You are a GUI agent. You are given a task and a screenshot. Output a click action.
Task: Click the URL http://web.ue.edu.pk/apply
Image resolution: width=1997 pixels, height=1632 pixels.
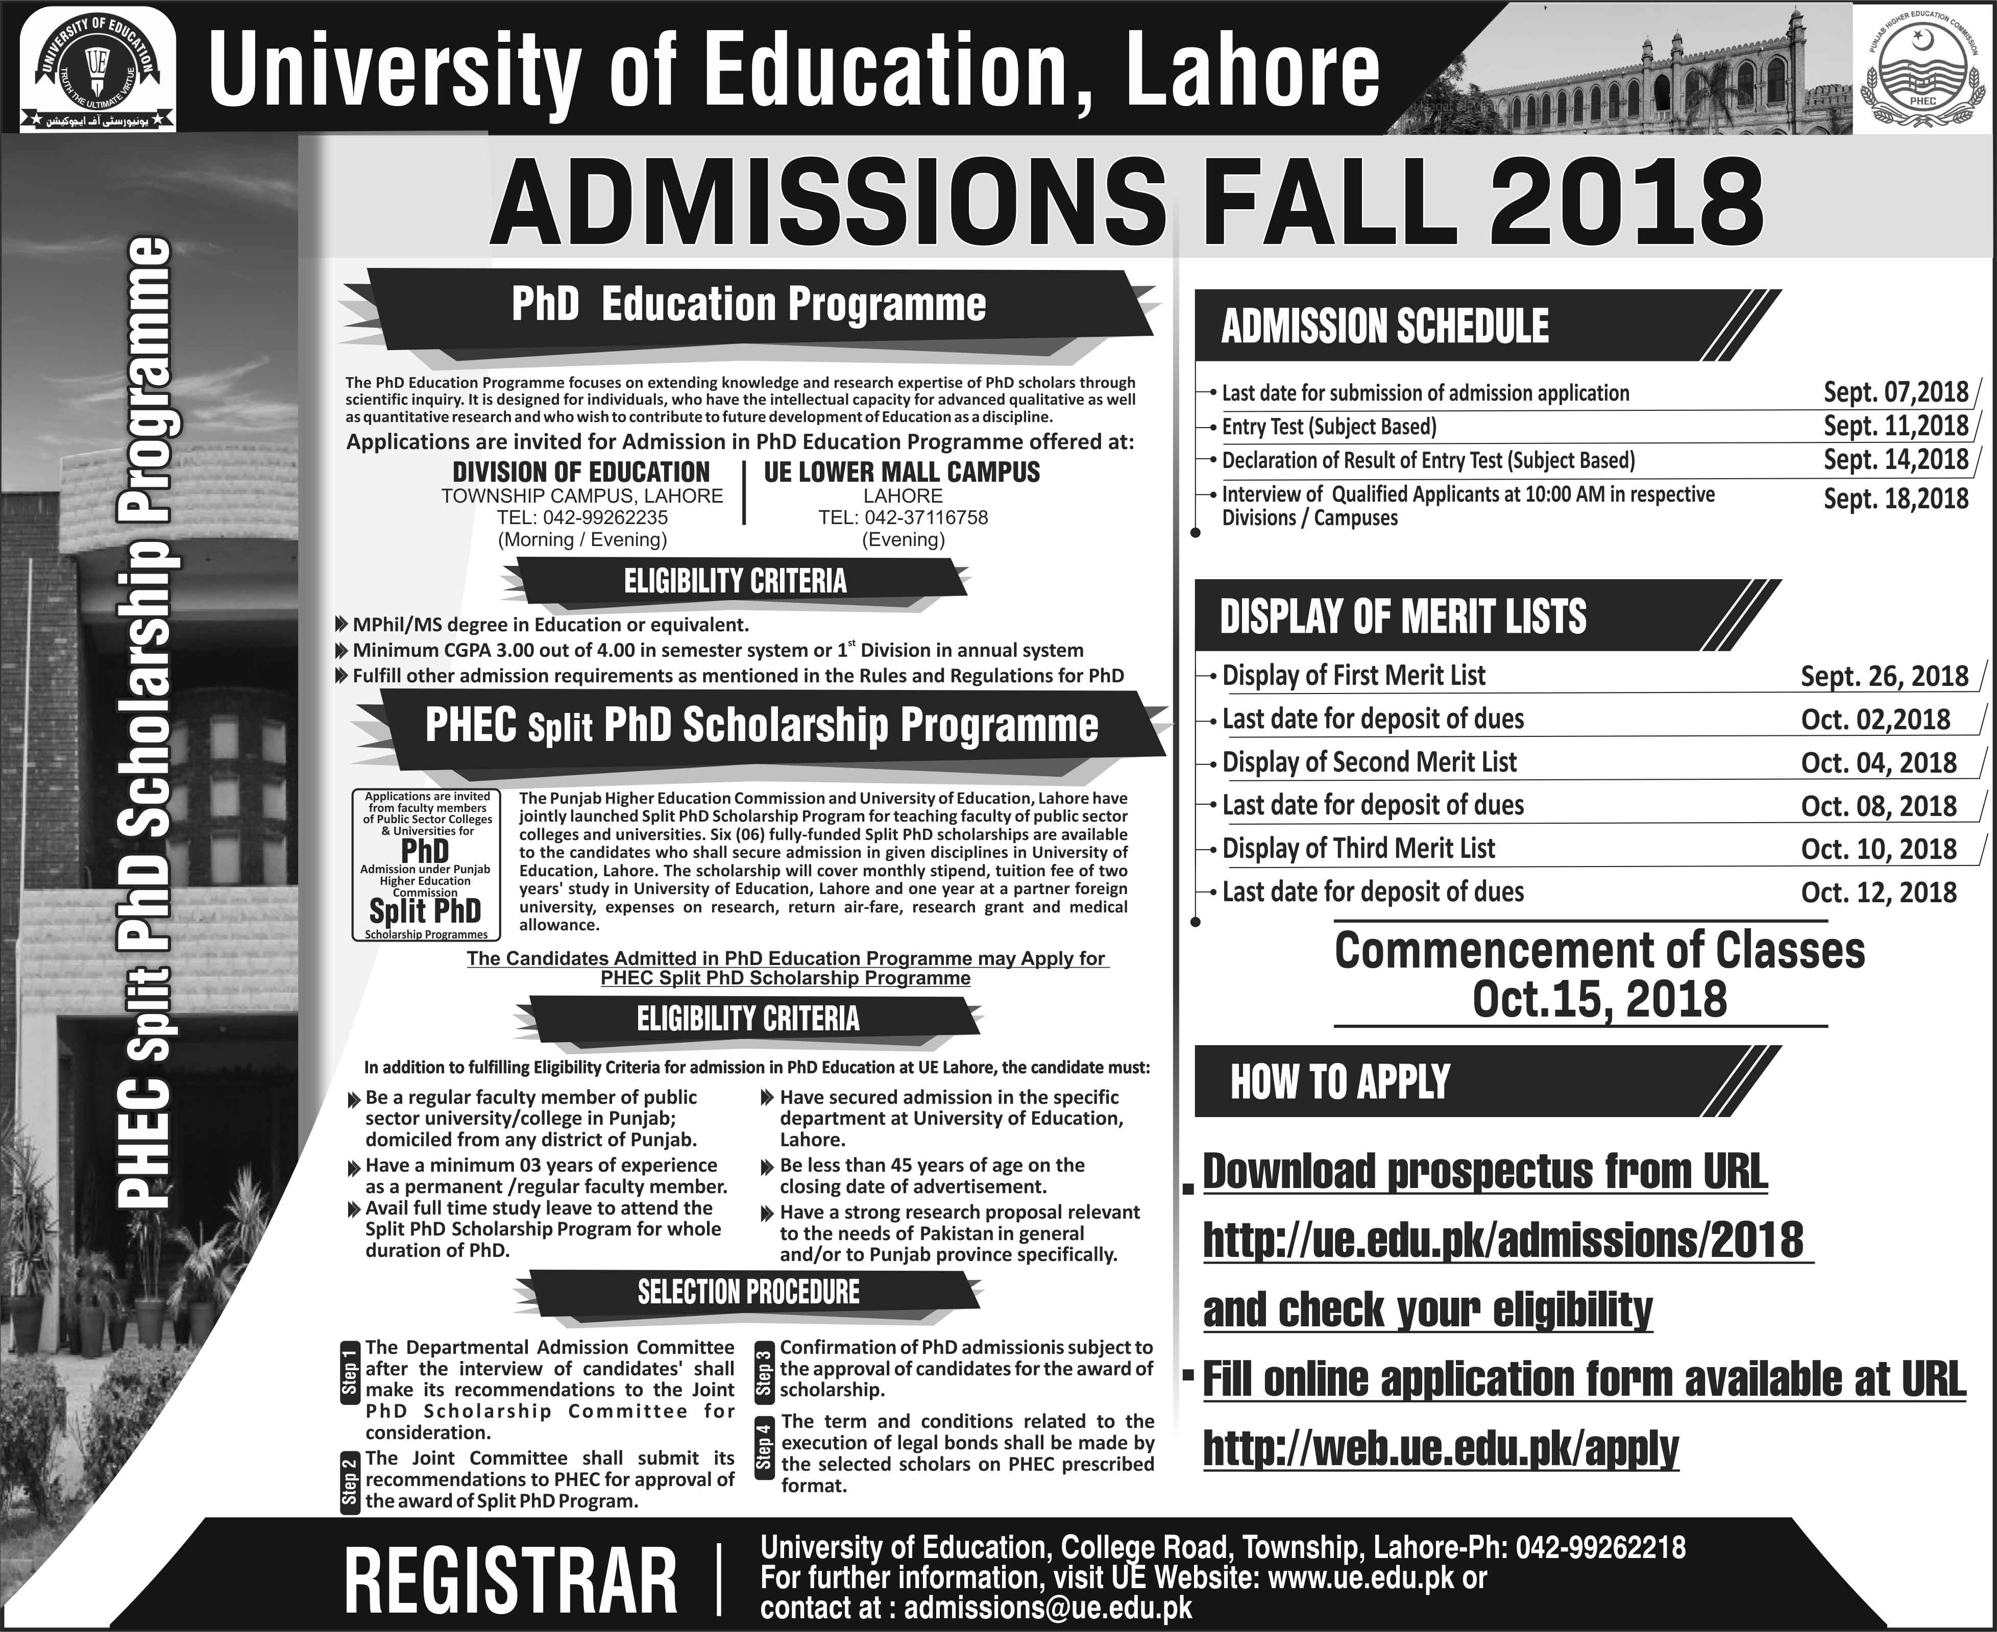(x=1441, y=1449)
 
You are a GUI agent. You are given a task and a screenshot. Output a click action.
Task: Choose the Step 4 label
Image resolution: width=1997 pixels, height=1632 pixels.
(x=764, y=1448)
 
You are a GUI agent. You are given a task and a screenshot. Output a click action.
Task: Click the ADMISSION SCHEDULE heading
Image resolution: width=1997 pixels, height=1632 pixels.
(x=1384, y=326)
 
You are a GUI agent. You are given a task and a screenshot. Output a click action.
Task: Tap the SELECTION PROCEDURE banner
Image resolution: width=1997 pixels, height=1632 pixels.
(x=748, y=1292)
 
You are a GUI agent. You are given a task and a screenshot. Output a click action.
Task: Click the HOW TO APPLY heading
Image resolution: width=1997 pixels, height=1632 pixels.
(x=1340, y=1082)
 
